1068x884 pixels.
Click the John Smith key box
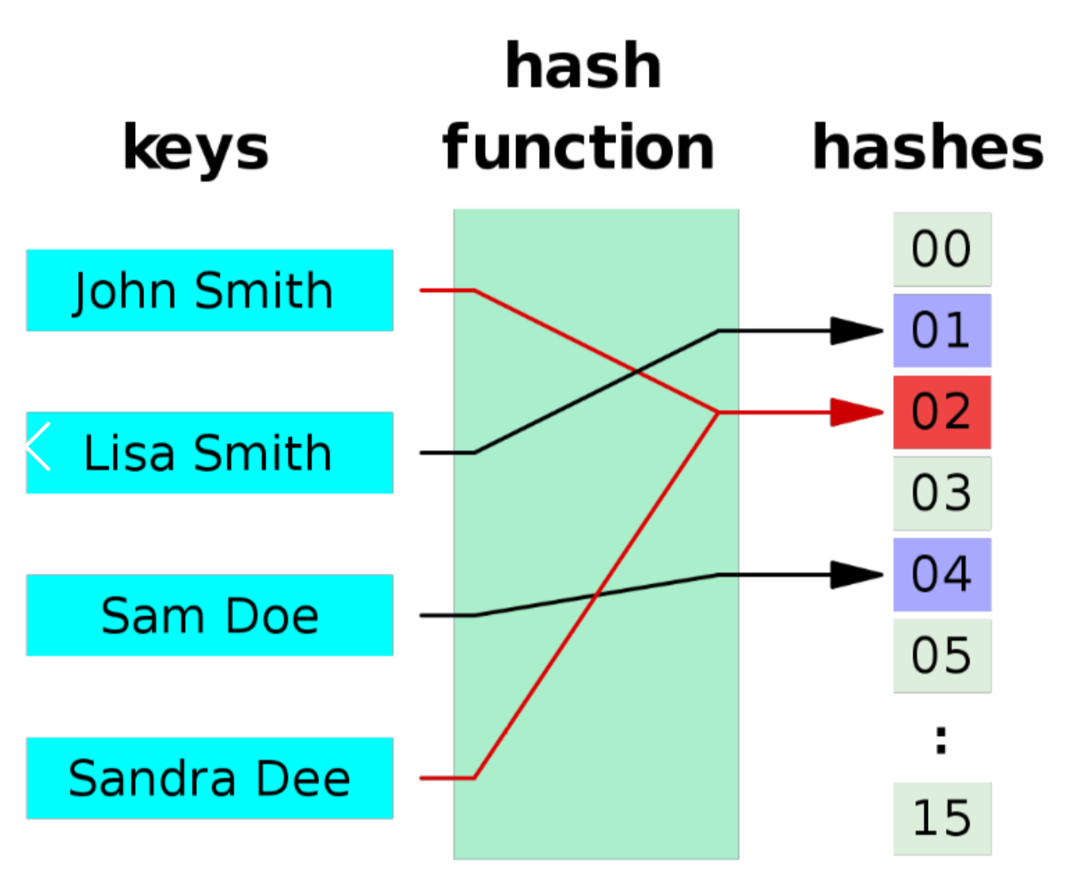point(210,290)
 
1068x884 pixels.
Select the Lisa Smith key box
point(210,452)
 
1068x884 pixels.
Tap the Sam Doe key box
point(210,615)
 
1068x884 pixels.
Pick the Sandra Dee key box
point(210,778)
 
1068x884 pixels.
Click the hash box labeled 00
point(942,249)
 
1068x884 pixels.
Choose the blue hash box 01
point(942,330)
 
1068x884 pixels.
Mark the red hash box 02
point(942,412)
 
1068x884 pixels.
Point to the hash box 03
point(942,493)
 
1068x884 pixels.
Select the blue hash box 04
point(942,575)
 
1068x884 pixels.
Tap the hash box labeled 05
point(942,656)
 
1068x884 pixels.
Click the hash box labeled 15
point(942,819)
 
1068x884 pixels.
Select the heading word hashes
point(928,146)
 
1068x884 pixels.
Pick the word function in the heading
point(578,146)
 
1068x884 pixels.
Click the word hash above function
point(583,65)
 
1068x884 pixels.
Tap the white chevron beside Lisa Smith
point(38,446)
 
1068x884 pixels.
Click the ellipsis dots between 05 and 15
point(941,740)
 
